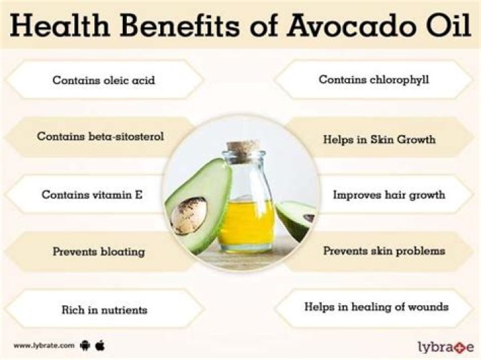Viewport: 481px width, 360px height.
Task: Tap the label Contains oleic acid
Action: point(104,80)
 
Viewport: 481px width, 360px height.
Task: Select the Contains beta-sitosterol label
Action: point(100,136)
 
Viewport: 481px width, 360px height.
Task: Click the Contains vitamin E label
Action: point(92,195)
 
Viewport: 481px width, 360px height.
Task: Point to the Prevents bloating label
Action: point(99,252)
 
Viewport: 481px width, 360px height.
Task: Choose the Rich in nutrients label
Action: point(104,310)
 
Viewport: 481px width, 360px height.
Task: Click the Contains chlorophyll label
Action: point(373,79)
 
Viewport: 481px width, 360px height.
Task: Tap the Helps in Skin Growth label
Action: point(379,140)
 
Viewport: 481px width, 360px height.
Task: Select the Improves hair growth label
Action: point(389,195)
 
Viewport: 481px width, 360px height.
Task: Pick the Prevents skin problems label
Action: point(384,251)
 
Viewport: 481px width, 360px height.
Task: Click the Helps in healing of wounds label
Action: point(376,307)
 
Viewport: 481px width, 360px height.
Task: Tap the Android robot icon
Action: point(85,345)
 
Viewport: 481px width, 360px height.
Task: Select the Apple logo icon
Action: point(101,345)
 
